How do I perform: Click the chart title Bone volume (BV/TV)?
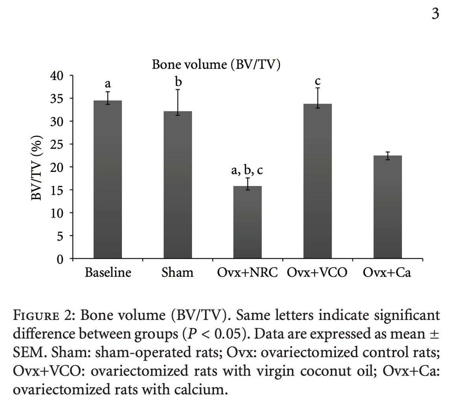(216, 65)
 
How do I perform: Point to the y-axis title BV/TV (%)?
(38, 168)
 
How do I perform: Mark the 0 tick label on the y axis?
(60, 259)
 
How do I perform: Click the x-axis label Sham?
(177, 272)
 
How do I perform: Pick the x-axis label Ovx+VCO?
(317, 272)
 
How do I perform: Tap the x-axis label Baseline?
(108, 272)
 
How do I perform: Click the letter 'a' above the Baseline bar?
(107, 84)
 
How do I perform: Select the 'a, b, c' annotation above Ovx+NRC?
(247, 170)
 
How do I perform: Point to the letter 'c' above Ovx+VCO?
(318, 81)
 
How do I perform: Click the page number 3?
(435, 14)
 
